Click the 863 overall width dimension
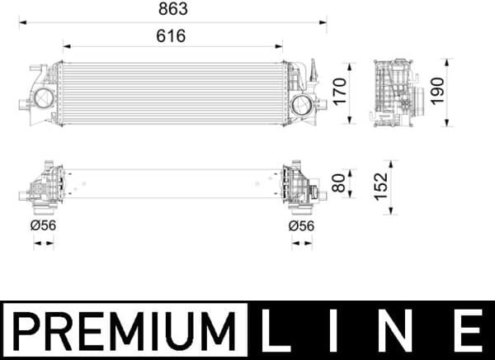[x=172, y=9]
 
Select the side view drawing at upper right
[x=394, y=92]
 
